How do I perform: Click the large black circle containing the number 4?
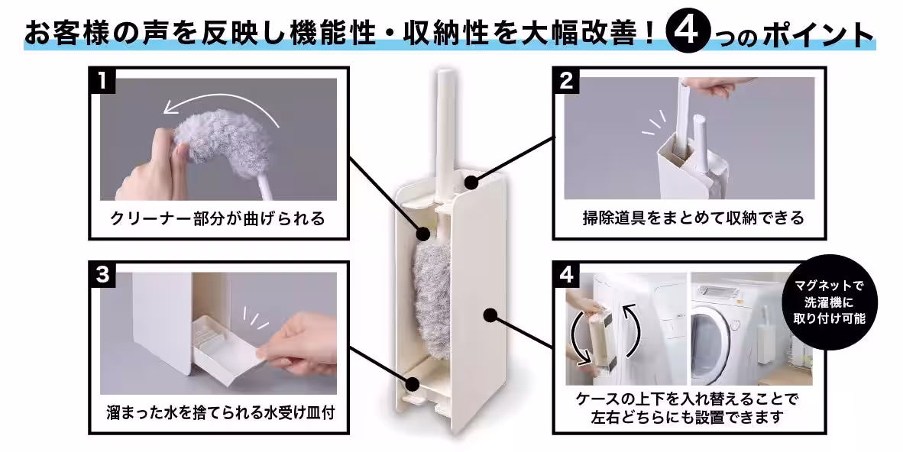tap(689, 32)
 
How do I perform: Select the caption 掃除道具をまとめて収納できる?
tap(693, 218)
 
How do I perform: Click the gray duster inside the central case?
tap(433, 282)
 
